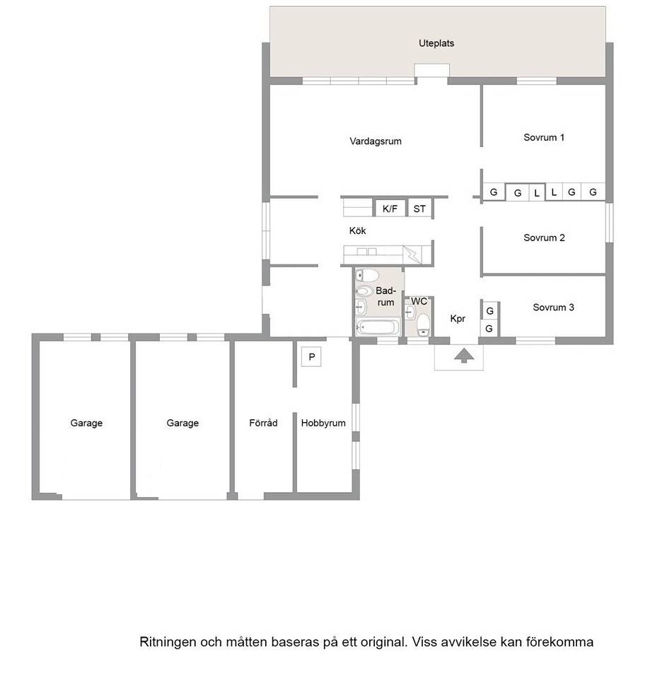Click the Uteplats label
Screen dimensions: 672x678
(436, 43)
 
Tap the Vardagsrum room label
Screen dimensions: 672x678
(375, 141)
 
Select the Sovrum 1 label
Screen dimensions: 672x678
(543, 137)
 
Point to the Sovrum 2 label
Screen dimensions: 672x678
(544, 238)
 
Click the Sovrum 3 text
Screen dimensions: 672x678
(553, 307)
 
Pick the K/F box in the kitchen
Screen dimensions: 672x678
(390, 209)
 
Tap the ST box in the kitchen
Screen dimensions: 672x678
(419, 209)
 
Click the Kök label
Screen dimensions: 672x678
(357, 230)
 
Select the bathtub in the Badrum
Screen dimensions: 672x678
(377, 327)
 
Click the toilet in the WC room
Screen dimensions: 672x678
(423, 325)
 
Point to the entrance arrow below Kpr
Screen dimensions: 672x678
(464, 355)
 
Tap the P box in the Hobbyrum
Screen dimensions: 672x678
(311, 357)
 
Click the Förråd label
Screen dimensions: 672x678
(263, 423)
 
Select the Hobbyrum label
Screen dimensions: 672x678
(323, 423)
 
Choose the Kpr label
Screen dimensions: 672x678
(458, 319)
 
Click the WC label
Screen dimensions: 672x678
(419, 301)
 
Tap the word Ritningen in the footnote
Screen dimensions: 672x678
(168, 642)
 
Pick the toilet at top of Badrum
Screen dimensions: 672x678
(367, 275)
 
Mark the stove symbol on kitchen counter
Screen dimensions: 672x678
(412, 255)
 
